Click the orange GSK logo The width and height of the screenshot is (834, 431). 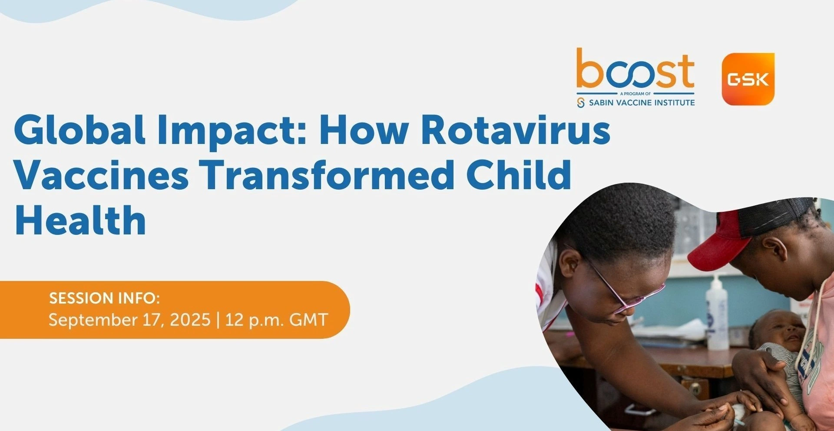tap(748, 79)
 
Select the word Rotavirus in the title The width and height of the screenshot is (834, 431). tap(516, 129)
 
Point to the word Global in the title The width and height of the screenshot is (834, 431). tap(80, 129)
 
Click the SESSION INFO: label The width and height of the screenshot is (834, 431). tap(104, 298)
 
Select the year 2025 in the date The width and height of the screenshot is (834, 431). tap(190, 320)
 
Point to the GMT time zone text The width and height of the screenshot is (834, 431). tap(308, 320)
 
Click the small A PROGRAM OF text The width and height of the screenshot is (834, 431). tap(635, 94)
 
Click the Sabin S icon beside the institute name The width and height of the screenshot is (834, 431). tap(581, 103)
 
